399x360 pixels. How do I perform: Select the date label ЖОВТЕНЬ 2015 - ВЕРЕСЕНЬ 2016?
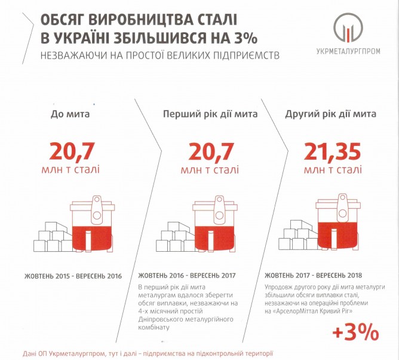coord(73,276)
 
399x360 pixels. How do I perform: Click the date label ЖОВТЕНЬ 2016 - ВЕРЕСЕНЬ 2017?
coord(188,276)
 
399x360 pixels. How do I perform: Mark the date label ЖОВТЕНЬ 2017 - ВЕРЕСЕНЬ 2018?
coord(314,276)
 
